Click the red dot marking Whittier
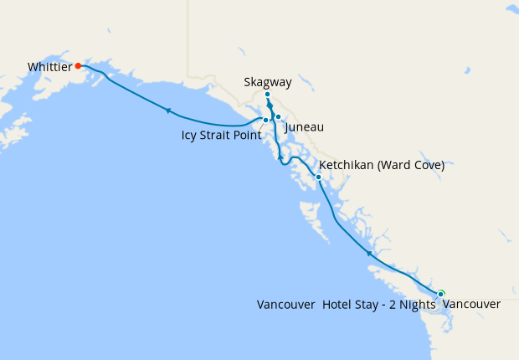click(x=78, y=65)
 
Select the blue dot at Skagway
click(x=267, y=95)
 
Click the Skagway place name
click(x=267, y=82)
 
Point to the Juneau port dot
click(x=278, y=117)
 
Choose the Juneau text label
click(x=304, y=127)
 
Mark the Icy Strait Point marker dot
click(x=265, y=121)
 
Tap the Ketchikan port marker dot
click(x=318, y=177)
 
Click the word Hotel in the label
click(x=338, y=305)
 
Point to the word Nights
click(x=418, y=305)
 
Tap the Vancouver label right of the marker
click(x=471, y=305)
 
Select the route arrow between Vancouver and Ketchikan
click(x=369, y=252)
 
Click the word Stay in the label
click(x=368, y=305)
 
